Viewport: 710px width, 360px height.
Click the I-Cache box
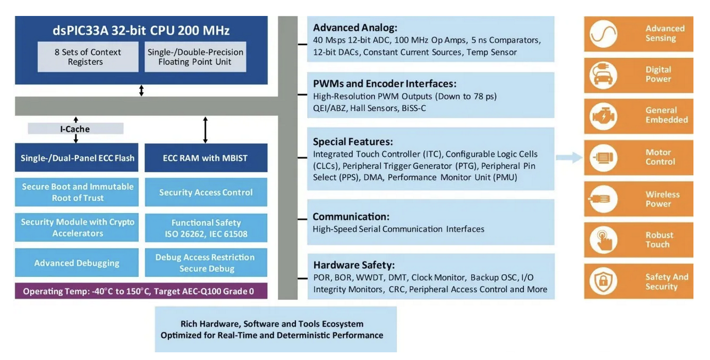pos(75,129)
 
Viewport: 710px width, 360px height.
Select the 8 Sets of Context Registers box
pos(88,57)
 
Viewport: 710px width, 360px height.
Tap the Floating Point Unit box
pos(195,57)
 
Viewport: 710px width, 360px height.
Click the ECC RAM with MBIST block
pos(205,158)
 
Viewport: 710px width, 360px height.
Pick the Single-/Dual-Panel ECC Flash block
pos(77,158)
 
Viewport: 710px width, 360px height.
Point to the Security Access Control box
pos(205,192)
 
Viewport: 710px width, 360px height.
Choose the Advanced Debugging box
pos(77,263)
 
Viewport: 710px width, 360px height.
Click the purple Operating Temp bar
pos(141,291)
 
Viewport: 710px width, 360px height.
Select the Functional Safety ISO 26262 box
pos(205,228)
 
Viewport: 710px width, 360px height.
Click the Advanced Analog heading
pos(355,28)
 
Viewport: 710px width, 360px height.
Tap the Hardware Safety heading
pos(354,265)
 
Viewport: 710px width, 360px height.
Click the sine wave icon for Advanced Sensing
pos(603,34)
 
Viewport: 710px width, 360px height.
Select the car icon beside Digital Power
pos(603,75)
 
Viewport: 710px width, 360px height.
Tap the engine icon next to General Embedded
pos(603,116)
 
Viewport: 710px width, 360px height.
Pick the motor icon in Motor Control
pos(603,158)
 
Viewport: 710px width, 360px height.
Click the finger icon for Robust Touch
pos(603,241)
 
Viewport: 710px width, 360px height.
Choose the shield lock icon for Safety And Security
pos(603,281)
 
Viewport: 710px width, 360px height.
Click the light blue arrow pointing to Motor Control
pos(569,158)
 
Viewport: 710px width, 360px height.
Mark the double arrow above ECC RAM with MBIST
pos(205,130)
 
